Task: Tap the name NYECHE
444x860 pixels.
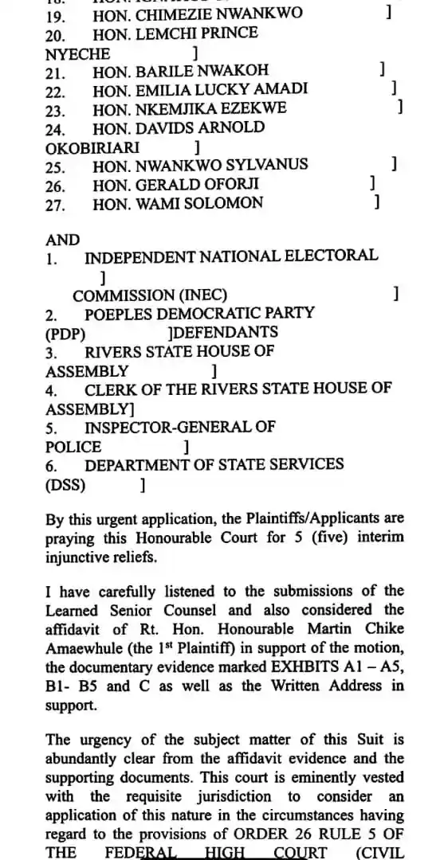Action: coord(78,53)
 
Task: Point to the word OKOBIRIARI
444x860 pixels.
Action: coord(92,147)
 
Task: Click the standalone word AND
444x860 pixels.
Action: coord(63,240)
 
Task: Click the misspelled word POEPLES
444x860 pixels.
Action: coord(127,313)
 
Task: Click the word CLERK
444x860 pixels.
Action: coord(112,389)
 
